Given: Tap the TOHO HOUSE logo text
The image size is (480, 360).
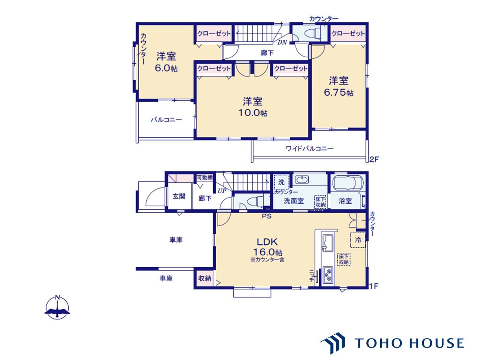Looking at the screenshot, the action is coord(409,343).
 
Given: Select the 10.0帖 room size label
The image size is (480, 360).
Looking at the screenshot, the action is coord(253,113).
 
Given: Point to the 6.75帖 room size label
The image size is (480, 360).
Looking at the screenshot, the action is coord(339,93).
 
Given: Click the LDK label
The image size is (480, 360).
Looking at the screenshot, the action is coord(267,242).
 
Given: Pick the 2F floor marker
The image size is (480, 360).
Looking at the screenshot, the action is coord(374,160).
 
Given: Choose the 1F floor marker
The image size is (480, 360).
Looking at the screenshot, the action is coord(374,286).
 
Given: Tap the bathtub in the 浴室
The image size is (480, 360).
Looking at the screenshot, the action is coord(348,183).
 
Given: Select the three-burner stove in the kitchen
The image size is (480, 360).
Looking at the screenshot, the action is coord(328,275).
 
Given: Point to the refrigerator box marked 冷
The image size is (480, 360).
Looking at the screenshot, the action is coord(358,240).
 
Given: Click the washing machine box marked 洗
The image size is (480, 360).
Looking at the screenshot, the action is coord(282,182).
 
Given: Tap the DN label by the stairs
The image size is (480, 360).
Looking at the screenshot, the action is coord(282,42).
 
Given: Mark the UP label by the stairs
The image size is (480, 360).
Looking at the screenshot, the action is coord(222,191).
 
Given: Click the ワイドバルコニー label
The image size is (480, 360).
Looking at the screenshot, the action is coord(310,148).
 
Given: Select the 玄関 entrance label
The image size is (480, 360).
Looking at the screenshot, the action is coord(179,196).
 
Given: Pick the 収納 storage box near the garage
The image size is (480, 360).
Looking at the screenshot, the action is coord(205,279).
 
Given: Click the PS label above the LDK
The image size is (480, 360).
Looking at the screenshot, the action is coord(267,216).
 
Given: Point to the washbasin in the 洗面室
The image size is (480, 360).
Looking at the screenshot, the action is coord(302,180).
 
